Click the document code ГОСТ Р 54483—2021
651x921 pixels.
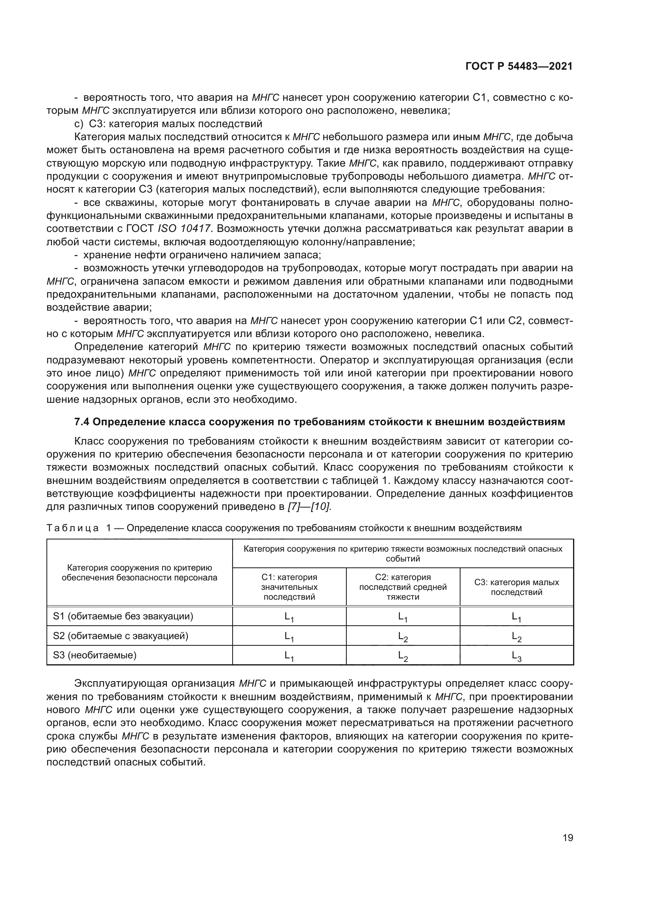pyautogui.click(x=519, y=67)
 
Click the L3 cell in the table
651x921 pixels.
pyautogui.click(x=516, y=656)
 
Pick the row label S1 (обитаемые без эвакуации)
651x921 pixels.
pyautogui.click(x=123, y=616)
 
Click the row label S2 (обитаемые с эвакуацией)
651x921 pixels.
pyautogui.click(x=121, y=636)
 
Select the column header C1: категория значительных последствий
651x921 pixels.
pyautogui.click(x=289, y=587)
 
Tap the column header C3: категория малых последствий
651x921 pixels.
pyautogui.click(x=516, y=587)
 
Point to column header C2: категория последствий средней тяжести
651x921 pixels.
pyautogui.click(x=403, y=587)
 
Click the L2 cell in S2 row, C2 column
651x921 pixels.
pyautogui.click(x=403, y=637)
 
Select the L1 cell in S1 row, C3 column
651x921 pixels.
pyautogui.click(x=516, y=617)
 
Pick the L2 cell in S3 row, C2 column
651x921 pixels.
pyautogui.click(x=403, y=656)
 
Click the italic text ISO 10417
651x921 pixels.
pyautogui.click(x=184, y=229)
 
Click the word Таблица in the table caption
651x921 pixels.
pyautogui.click(x=72, y=528)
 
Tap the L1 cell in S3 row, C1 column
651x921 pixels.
pyautogui.click(x=289, y=656)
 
